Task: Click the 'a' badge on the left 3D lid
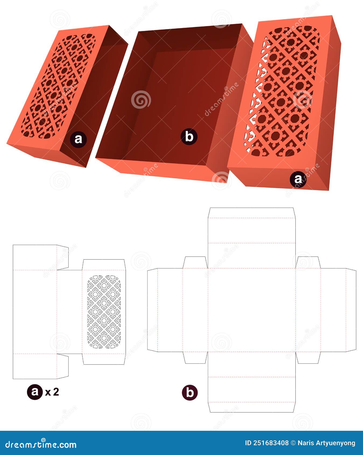78,139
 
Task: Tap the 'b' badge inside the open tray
189,137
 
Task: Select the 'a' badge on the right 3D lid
298,179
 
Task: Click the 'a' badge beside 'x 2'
35,392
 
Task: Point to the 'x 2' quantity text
52,392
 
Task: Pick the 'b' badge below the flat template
190,393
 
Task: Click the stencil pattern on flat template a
104,312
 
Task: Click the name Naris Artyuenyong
326,443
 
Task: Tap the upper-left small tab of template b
195,262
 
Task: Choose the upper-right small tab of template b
308,262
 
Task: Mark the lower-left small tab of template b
195,358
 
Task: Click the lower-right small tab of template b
308,358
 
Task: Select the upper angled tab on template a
62,257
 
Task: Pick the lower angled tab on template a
62,366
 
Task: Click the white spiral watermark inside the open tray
141,100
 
